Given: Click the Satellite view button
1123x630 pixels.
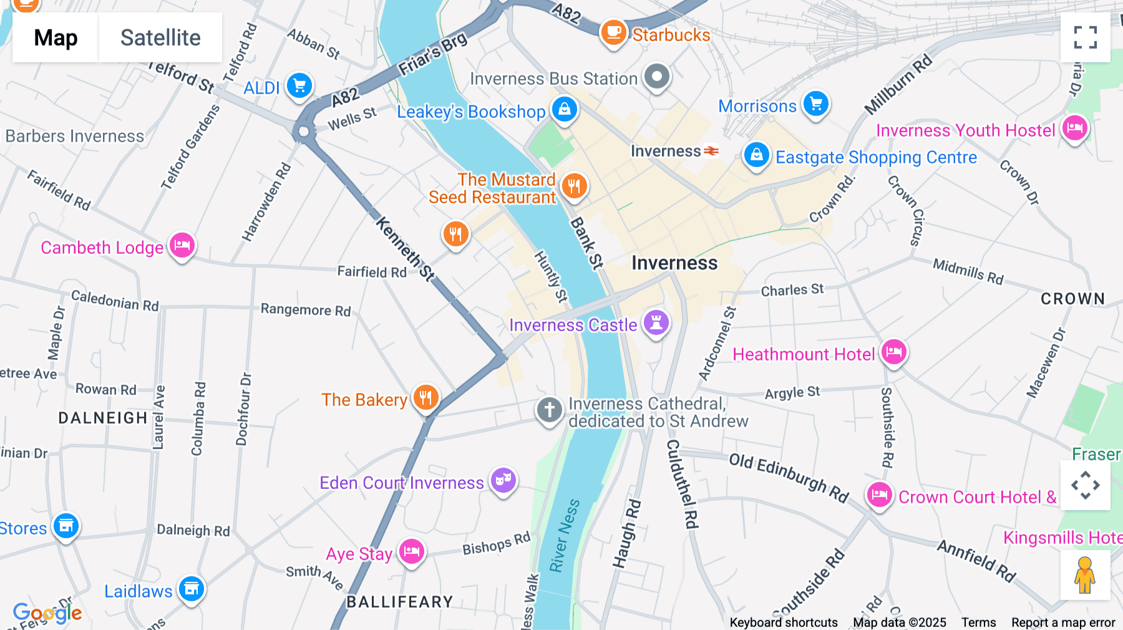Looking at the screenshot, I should pyautogui.click(x=160, y=37).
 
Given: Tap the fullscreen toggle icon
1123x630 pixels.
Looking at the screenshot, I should pyautogui.click(x=1085, y=37).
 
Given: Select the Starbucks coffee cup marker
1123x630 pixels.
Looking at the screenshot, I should pyautogui.click(x=613, y=32).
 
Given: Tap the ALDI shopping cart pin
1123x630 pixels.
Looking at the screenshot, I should pyautogui.click(x=299, y=85).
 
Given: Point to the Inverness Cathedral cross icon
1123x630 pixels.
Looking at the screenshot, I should pyautogui.click(x=549, y=410).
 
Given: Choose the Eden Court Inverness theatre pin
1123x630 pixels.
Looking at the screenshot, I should pyautogui.click(x=503, y=480).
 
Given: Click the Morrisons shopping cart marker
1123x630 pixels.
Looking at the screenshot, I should pyautogui.click(x=816, y=104).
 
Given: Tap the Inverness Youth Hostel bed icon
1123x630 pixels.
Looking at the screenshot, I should pyautogui.click(x=1075, y=128).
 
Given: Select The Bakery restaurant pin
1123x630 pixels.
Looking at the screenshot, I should pyautogui.click(x=426, y=397).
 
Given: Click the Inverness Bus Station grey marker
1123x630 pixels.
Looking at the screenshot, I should pyautogui.click(x=656, y=77).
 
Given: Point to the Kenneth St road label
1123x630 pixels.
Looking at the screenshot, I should pyautogui.click(x=405, y=248).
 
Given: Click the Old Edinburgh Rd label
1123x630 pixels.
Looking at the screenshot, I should pyautogui.click(x=789, y=478).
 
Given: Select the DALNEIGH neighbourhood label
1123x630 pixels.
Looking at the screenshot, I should pyautogui.click(x=103, y=418).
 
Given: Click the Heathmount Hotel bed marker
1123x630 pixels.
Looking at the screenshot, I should pyautogui.click(x=894, y=352).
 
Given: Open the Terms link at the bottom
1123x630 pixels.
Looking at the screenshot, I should pyautogui.click(x=978, y=623).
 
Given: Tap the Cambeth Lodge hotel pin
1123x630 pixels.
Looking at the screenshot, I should pyautogui.click(x=182, y=245).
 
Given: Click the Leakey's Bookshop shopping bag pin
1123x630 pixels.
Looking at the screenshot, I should pyautogui.click(x=565, y=109).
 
